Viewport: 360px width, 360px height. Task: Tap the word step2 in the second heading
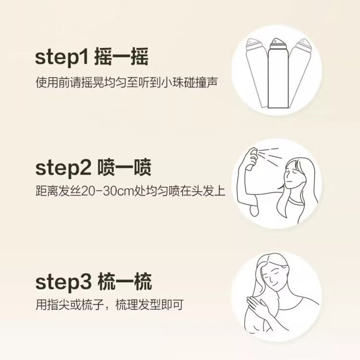(63, 167)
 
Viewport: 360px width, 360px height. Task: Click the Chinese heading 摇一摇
(121, 56)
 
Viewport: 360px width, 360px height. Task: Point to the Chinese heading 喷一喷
(124, 167)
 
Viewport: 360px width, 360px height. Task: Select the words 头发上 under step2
(208, 191)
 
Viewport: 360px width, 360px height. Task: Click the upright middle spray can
(278, 73)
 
